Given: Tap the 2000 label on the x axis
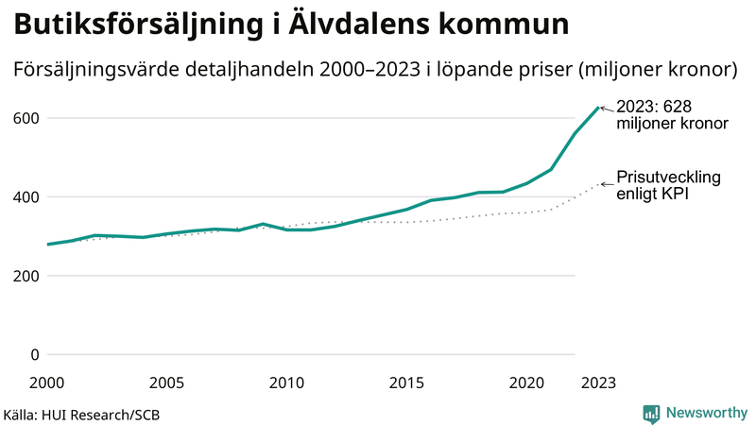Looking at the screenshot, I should coord(47,382).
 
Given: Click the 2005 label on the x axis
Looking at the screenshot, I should coord(166,382).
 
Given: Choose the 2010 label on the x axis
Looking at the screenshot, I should coord(286,382).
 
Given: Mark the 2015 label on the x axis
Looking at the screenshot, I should coord(406,382).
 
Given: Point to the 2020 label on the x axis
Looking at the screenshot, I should coord(526,382).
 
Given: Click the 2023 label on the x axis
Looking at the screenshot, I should coord(598,382).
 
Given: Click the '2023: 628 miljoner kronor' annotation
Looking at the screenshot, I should coord(671,115).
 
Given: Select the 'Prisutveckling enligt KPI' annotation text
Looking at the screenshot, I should coord(669,185).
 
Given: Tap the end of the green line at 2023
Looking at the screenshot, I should coord(598,108).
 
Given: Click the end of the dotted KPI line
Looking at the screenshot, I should coord(598,184).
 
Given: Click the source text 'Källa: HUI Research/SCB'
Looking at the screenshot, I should coord(75,415).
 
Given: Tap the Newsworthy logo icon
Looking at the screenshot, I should coord(651,413).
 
